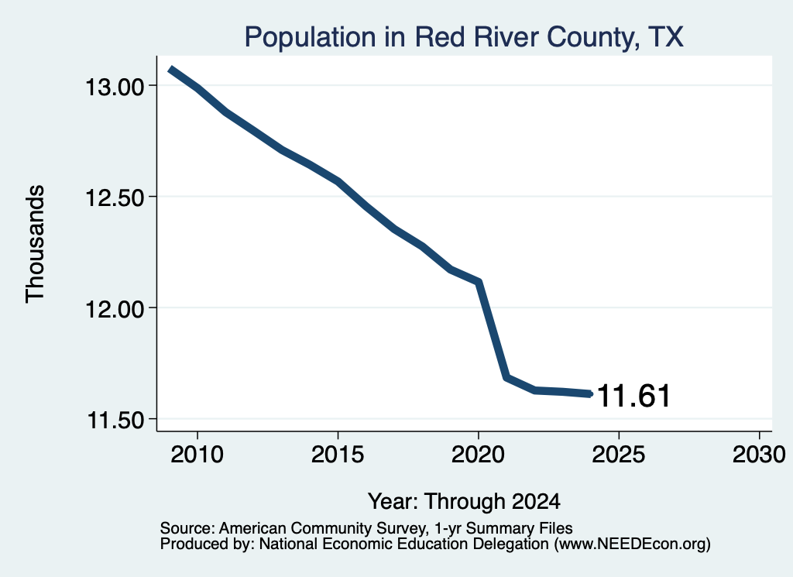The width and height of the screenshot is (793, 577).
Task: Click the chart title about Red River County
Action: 464,37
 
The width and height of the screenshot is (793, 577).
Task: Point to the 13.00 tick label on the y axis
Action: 115,87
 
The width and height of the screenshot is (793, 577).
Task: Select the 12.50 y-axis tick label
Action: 115,197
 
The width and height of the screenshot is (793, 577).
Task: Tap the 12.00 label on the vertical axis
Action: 115,309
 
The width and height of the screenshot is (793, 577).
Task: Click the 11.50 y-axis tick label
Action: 116,420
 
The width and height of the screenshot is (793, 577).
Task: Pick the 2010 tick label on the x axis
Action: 197,454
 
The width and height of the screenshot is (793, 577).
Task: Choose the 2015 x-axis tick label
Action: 338,454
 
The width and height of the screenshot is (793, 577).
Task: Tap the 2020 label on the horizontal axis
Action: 478,454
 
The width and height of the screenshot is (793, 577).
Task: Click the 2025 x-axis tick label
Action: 619,454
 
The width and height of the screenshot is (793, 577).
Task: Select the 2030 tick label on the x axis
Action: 759,454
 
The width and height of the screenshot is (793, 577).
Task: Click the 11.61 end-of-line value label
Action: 633,396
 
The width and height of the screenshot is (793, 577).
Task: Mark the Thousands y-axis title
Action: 35,244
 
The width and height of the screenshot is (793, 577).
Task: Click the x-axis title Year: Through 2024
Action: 464,502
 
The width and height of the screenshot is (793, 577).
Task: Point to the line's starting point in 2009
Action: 171,69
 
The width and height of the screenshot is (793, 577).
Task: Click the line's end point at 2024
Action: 589,393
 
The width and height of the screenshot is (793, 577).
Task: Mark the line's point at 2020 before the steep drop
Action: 478,281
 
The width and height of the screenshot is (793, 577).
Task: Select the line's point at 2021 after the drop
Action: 506,377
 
